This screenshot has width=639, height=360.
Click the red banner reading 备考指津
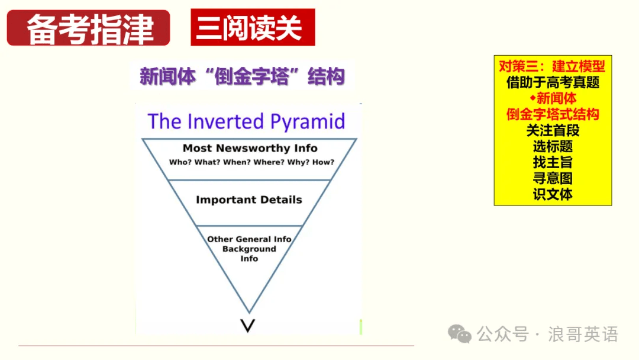click(x=88, y=28)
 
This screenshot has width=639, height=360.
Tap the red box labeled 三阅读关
click(x=253, y=27)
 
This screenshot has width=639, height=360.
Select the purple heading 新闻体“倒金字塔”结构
click(x=243, y=76)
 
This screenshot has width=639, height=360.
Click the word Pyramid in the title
click(x=308, y=122)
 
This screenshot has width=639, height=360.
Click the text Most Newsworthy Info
click(x=250, y=148)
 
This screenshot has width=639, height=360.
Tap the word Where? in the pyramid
click(x=269, y=162)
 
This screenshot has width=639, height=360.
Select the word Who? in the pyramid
click(x=180, y=162)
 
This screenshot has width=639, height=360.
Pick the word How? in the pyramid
click(x=323, y=162)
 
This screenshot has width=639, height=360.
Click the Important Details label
click(x=249, y=200)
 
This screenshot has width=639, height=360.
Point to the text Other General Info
click(x=249, y=239)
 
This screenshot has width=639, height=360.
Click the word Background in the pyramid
click(x=249, y=249)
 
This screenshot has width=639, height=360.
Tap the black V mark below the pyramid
click(x=248, y=326)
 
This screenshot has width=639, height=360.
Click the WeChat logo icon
click(x=460, y=334)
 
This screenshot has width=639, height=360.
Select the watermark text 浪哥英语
click(x=583, y=335)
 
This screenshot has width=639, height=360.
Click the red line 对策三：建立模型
click(x=552, y=66)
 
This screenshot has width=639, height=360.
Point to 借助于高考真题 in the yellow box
click(x=553, y=82)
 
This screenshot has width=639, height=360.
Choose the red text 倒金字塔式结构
click(x=553, y=114)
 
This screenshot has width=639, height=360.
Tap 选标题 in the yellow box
click(x=553, y=146)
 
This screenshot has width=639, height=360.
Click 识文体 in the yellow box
click(x=553, y=194)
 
